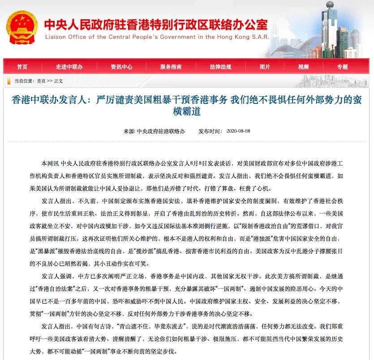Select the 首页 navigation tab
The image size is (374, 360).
(x=22, y=67)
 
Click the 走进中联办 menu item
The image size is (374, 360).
(x=69, y=67)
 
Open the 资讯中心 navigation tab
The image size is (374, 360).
(x=121, y=67)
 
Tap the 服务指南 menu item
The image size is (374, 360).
(x=171, y=67)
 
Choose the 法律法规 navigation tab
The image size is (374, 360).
(x=220, y=67)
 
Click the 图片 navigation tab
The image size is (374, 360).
(x=265, y=67)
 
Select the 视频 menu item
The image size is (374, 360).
(x=303, y=67)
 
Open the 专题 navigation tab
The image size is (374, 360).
(x=342, y=67)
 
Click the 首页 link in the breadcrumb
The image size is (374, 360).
(x=41, y=81)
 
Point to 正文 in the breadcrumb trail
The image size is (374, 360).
(x=59, y=81)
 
